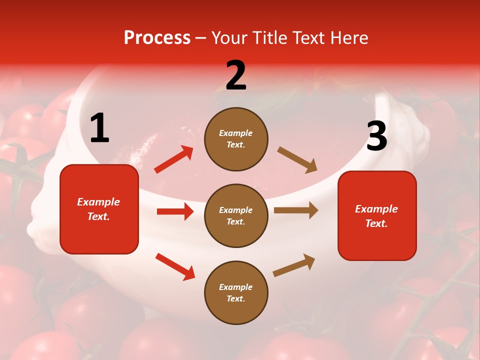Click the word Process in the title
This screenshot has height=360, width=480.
157,38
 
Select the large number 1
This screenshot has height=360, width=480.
99,128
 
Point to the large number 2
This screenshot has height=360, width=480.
236,75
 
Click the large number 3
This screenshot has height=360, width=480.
376,136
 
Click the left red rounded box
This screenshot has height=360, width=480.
99,209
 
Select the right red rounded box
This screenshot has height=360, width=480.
377,215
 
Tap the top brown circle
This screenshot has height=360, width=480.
236,139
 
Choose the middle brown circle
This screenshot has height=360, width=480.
236,215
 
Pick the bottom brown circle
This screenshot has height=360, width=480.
236,292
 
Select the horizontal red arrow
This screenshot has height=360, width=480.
175,211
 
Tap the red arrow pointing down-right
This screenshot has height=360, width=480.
175,266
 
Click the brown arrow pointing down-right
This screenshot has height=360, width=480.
297,160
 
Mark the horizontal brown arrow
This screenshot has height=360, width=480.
295,210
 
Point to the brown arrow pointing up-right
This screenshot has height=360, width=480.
294,265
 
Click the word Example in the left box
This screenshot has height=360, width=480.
98,202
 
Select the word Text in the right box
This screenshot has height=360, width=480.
376,223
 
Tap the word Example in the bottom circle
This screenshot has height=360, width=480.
236,287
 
